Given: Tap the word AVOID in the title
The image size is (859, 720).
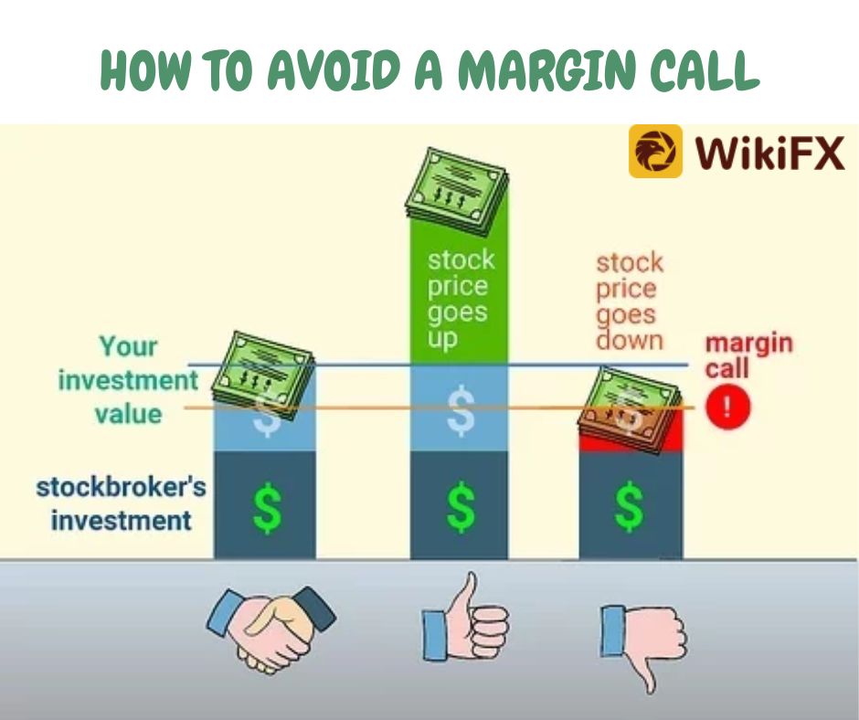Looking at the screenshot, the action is [334, 69].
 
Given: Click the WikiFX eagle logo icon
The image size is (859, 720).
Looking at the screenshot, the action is [655, 152].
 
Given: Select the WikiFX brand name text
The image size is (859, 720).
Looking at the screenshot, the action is [769, 152].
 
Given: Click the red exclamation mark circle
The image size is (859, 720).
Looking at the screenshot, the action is [727, 408].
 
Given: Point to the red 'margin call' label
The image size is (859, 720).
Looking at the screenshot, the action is [749, 355].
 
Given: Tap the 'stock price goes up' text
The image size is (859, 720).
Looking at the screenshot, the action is [461, 300].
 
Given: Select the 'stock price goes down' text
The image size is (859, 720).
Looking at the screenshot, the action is [630, 302].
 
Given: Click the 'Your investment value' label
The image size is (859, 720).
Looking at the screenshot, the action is [128, 380].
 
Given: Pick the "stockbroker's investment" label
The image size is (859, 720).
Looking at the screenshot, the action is [121, 503].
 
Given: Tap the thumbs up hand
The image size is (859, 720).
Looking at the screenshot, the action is [465, 618].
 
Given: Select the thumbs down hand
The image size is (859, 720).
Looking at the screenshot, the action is [643, 645].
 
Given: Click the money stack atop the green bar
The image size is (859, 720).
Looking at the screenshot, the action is [457, 192].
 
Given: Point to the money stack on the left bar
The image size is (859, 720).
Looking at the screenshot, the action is [263, 376].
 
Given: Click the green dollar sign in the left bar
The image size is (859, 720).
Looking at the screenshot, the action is [268, 507].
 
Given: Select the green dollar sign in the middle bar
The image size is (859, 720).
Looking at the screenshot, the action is [461, 507].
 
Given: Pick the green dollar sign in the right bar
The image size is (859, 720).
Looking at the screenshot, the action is [629, 506].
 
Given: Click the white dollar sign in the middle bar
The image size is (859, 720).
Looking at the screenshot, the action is [461, 411].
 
